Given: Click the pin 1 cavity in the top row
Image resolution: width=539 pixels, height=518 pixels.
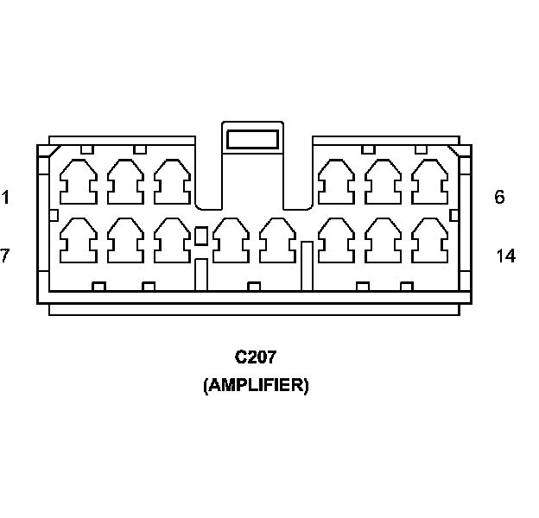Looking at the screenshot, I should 78,182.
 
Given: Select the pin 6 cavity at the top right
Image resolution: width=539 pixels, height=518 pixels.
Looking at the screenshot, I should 429,182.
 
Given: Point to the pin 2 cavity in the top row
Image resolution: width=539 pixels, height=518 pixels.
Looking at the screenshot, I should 125,182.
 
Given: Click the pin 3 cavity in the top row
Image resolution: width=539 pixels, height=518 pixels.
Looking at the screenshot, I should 172,182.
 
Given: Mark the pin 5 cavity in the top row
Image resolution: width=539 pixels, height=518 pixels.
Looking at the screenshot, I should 383,182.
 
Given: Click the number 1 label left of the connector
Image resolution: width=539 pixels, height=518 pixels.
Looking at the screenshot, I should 5,198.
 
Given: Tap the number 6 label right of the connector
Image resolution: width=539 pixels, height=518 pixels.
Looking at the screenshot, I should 499,198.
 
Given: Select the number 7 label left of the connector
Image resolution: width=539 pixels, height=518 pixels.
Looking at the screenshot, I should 5,256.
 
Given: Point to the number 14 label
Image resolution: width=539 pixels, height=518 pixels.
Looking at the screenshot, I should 506,256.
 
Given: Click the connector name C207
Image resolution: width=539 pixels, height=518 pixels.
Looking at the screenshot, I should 255,357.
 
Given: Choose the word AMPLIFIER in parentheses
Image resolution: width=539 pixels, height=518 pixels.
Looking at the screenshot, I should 256,385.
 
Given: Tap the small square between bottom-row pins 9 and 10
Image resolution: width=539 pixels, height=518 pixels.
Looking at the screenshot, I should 201,236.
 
